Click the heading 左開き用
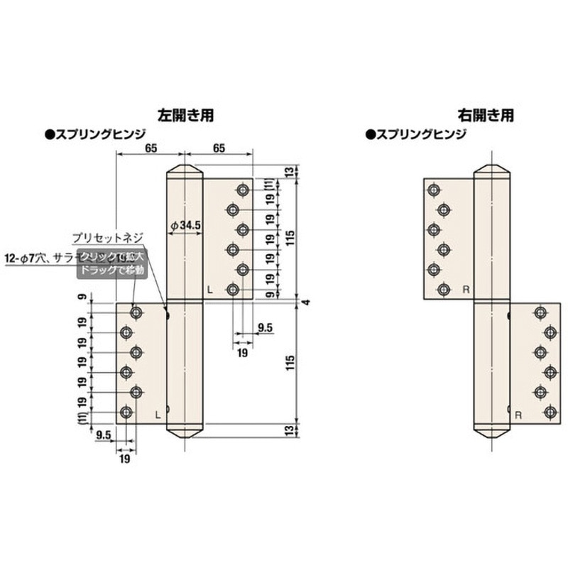(186, 114)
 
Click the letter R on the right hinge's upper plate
(466, 289)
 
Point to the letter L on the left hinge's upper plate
(209, 290)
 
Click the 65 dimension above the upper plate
(219, 148)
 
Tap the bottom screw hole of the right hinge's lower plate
(550, 412)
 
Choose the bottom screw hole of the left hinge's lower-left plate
(126, 412)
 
